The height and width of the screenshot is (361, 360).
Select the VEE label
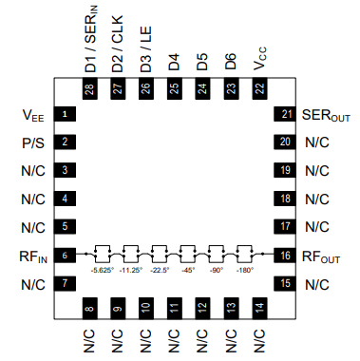pyautogui.click(x=33, y=115)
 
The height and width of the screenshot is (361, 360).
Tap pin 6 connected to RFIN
pyautogui.click(x=64, y=256)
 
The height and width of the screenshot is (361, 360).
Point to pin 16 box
pyautogui.click(x=285, y=256)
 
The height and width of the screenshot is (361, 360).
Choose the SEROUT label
pyautogui.click(x=326, y=115)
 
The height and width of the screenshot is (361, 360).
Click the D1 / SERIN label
pyautogui.click(x=90, y=43)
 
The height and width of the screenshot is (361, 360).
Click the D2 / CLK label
pyautogui.click(x=118, y=47)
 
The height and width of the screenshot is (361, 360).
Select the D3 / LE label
pyautogui.click(x=145, y=51)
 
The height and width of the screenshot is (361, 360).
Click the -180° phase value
pyautogui.click(x=245, y=270)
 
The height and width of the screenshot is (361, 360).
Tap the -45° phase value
pyautogui.click(x=188, y=270)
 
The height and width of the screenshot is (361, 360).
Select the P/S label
pyautogui.click(x=33, y=142)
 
